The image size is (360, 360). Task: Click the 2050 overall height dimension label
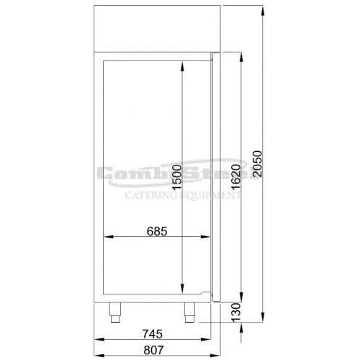click(257, 164)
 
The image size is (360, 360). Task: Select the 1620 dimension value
click(235, 176)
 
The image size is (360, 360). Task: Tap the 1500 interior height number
click(177, 178)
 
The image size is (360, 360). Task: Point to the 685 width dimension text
click(157, 232)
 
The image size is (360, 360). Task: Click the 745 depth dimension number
click(153, 334)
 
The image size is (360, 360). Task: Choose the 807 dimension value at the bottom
click(153, 350)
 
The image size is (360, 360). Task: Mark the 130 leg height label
click(235, 312)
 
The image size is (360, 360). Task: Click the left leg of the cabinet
click(115, 312)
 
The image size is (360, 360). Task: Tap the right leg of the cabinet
click(189, 312)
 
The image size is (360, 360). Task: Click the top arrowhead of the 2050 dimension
click(263, 11)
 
